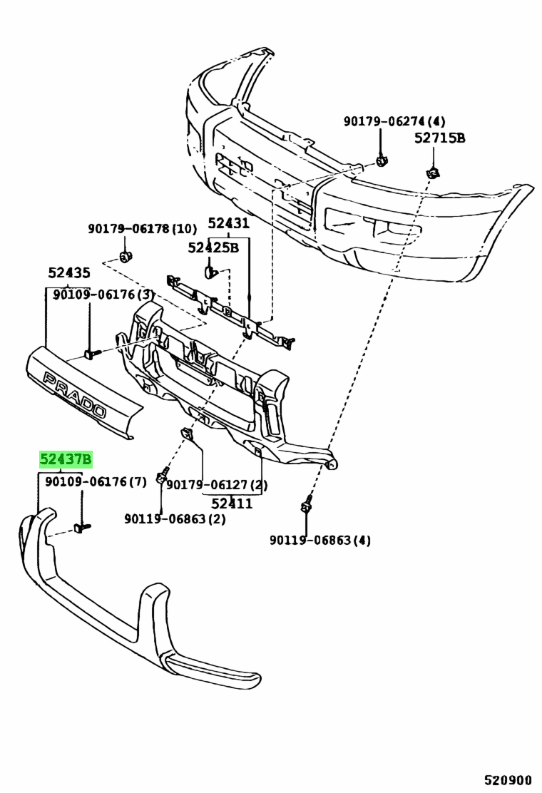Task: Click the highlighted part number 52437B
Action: click(x=66, y=459)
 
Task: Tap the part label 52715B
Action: click(x=439, y=138)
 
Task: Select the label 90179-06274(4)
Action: click(x=394, y=121)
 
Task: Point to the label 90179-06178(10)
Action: click(x=142, y=229)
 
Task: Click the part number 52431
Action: click(x=228, y=223)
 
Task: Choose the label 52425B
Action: click(x=213, y=247)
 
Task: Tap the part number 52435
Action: click(x=69, y=273)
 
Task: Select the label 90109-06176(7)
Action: click(x=96, y=481)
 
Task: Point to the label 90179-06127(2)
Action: click(x=216, y=485)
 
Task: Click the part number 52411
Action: click(x=232, y=503)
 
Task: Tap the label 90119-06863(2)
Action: click(x=175, y=519)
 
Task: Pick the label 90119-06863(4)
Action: click(x=320, y=540)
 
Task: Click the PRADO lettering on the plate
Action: click(x=75, y=394)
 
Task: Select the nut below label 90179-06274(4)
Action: click(x=382, y=161)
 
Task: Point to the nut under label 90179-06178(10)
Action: click(x=125, y=257)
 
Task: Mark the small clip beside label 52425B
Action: click(x=211, y=272)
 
